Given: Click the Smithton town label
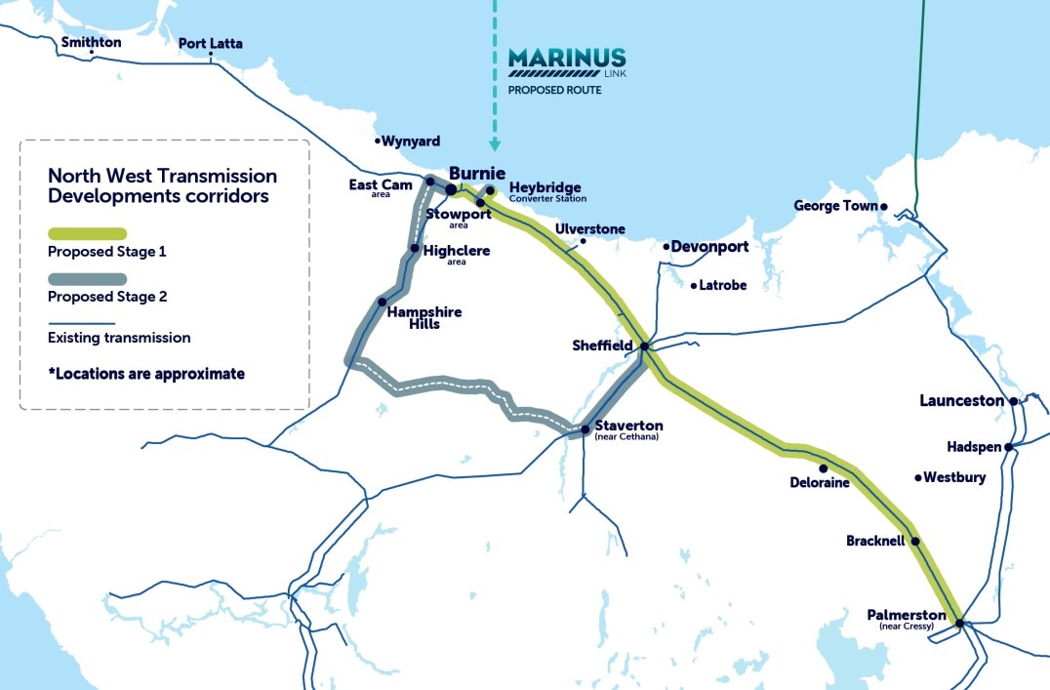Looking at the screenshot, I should (x=91, y=42).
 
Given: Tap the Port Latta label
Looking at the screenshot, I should (x=210, y=44).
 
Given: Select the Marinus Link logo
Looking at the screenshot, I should (x=566, y=62).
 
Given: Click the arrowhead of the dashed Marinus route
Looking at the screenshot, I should (x=495, y=145).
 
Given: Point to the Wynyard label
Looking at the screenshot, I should (x=410, y=142).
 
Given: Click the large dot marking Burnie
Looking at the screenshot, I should (x=451, y=189).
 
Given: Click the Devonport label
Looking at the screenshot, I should (x=709, y=247).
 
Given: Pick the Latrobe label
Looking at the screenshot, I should (x=723, y=286).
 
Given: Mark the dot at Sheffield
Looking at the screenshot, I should (x=644, y=346).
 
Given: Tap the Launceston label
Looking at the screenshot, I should (x=961, y=401).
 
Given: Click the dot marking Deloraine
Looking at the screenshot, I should (x=824, y=467).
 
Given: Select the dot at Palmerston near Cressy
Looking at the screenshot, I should (x=959, y=623).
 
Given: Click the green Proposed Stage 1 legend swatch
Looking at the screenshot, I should (x=87, y=233).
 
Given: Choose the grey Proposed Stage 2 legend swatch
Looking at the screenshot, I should (x=87, y=279).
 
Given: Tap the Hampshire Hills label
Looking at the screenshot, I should (x=424, y=317).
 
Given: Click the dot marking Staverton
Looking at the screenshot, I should (x=585, y=429).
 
